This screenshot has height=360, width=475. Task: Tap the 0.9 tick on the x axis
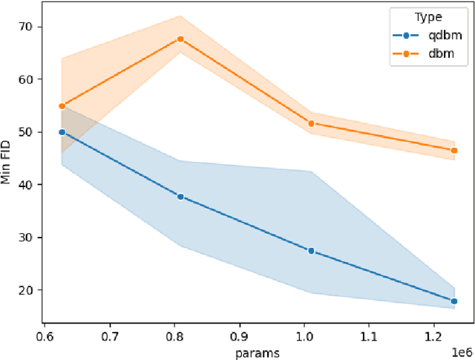click(x=239, y=336)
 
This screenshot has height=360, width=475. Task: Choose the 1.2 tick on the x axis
click(x=434, y=336)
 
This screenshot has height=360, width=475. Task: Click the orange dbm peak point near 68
click(x=180, y=39)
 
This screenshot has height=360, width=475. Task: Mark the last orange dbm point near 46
click(x=453, y=150)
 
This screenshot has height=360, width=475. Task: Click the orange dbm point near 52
click(x=311, y=123)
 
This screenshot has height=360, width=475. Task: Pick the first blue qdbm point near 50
click(x=62, y=132)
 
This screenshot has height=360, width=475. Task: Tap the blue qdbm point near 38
click(x=180, y=197)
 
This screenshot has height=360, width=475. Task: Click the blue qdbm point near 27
click(x=311, y=251)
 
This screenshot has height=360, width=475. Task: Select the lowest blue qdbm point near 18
click(x=453, y=301)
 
